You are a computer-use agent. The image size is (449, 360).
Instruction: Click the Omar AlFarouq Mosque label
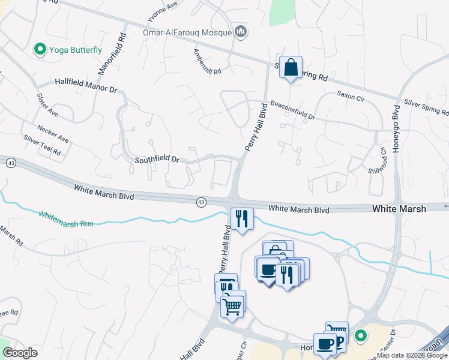coord(187,32)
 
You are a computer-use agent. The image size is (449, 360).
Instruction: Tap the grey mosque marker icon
coord(241,31)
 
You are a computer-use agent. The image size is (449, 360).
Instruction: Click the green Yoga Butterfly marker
coord(41,49)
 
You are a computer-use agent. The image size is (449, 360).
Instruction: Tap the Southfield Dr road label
coord(157,160)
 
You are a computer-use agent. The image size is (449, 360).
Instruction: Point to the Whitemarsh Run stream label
coord(66,218)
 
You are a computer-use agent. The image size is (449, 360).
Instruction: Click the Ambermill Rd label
coord(207,62)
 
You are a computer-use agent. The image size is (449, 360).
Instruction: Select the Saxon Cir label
coord(348,94)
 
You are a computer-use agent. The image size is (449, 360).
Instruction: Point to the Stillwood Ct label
coord(378,159)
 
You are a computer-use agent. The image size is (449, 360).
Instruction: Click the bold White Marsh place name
coord(399,209)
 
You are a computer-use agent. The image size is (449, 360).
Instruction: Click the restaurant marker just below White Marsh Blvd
coord(241,219)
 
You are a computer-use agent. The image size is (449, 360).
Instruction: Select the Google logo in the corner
coord(20,353)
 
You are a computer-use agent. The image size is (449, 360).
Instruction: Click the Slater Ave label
coord(47,104)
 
